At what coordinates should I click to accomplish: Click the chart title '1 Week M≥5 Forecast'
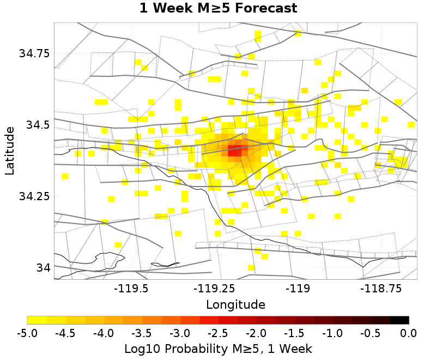coord(218,9)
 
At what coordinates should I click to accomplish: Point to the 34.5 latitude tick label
coord(37,125)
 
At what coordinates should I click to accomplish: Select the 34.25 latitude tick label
coord(34,196)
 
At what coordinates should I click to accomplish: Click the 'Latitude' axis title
coord(9,151)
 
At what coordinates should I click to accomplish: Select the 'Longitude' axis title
coord(235,304)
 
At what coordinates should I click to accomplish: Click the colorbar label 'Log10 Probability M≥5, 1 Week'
coord(218,348)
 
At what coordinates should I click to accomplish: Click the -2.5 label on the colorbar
coord(218,333)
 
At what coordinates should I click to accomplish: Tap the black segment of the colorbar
coord(399,320)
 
